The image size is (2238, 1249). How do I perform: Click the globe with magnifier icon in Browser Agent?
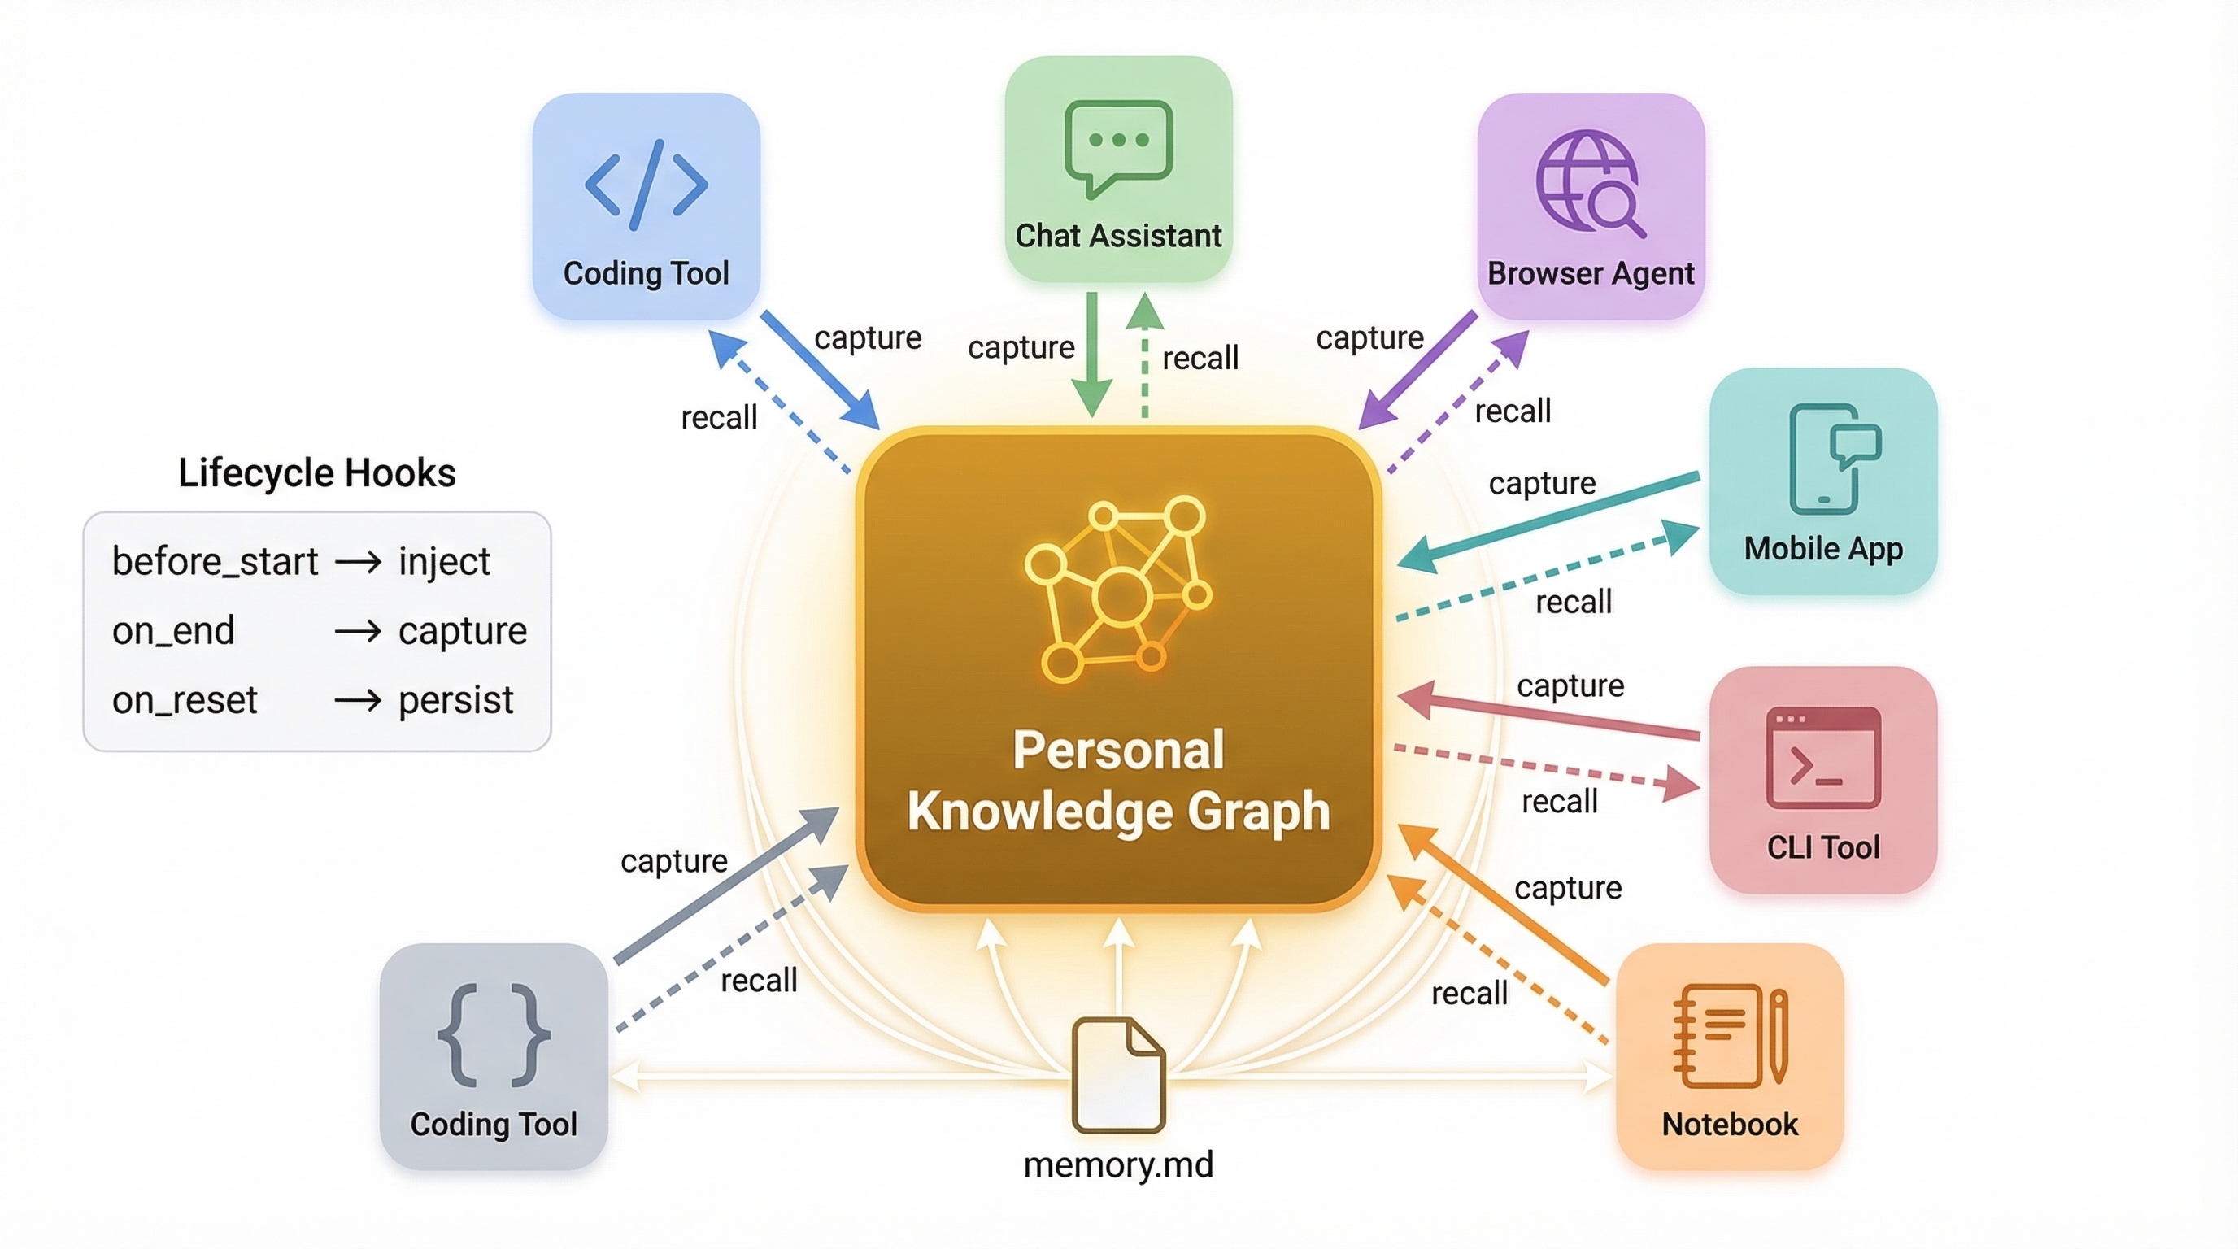pos(1590,183)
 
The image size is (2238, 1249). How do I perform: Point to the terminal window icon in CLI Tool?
pos(1823,757)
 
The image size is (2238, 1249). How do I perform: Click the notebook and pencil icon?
pos(1730,1035)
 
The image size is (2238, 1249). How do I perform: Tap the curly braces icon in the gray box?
pos(494,1035)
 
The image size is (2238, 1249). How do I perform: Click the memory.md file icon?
pos(1118,1075)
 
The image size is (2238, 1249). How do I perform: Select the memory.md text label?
pos(1118,1164)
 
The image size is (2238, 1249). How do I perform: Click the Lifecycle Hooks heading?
pos(317,473)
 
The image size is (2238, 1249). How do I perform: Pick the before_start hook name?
pos(215,562)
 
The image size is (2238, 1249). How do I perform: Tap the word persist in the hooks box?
pos(456,700)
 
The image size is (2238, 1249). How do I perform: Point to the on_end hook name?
pos(174,630)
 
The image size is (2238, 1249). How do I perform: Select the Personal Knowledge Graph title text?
pos(1118,780)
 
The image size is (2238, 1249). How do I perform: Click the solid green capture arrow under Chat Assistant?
pos(1092,355)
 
